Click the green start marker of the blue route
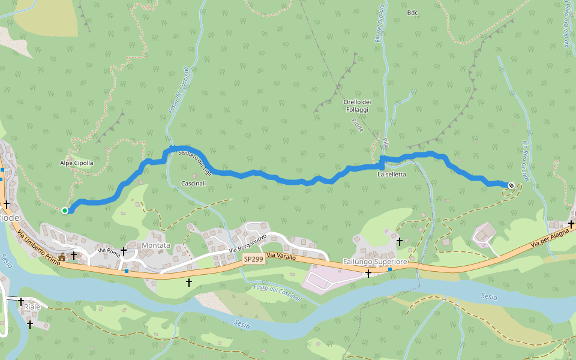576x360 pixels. [x=65, y=210]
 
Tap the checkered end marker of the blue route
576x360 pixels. [x=511, y=185]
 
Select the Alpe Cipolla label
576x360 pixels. [x=77, y=163]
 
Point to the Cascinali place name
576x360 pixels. [x=193, y=183]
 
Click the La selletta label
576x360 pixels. [x=391, y=175]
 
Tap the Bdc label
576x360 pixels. [x=412, y=13]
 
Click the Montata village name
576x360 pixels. [x=156, y=245]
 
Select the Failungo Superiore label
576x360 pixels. [x=375, y=262]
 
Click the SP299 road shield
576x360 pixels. [x=253, y=259]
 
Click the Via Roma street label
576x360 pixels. [x=109, y=253]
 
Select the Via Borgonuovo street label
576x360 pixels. [x=247, y=243]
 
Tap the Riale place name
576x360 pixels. [x=32, y=307]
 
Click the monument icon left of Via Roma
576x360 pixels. [x=62, y=256]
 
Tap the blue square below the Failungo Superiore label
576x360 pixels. [x=390, y=269]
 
